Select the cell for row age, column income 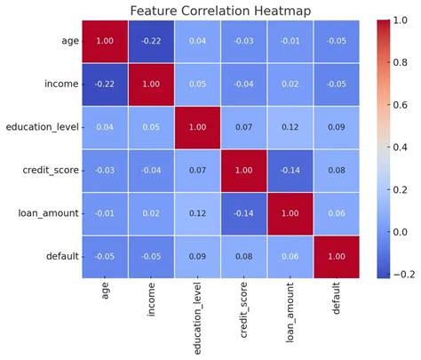[x=150, y=41]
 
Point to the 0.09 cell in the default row [x=197, y=257]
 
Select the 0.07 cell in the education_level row [x=244, y=127]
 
